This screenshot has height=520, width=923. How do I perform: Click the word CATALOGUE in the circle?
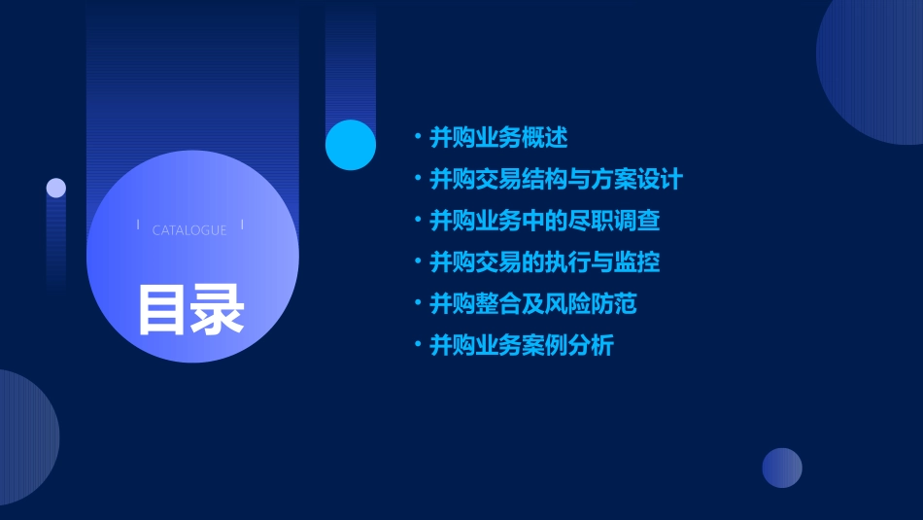point(189,230)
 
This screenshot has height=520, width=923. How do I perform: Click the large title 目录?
point(190,309)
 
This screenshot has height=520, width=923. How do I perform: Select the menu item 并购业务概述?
point(498,138)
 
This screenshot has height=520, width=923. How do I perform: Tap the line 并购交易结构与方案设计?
point(556,180)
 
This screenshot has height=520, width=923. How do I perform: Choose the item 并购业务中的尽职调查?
point(544,221)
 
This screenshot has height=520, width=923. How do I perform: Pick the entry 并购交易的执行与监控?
point(544,262)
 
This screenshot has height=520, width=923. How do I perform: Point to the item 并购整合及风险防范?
point(532,304)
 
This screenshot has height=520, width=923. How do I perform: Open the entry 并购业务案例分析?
point(521,345)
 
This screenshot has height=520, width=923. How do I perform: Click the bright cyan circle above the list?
point(351,145)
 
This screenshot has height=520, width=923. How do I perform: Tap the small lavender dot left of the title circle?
point(56,188)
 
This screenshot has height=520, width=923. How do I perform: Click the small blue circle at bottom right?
point(782,468)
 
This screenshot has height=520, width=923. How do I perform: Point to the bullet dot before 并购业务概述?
point(418,137)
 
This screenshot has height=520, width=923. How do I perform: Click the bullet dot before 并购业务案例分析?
point(418,344)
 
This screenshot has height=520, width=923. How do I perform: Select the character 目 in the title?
point(162,309)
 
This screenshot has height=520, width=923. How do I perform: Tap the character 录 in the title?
point(218,309)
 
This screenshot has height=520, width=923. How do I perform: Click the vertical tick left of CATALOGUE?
point(138,225)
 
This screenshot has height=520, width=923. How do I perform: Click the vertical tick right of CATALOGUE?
point(242,225)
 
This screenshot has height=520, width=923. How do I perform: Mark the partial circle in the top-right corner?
point(874,68)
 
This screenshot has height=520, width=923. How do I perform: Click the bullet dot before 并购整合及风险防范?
point(418,303)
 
